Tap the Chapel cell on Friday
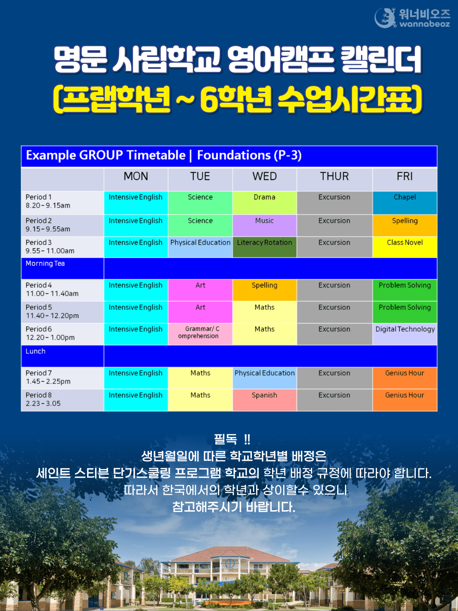pyautogui.click(x=405, y=203)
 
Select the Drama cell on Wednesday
pyautogui.click(x=264, y=203)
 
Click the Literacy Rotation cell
pyautogui.click(x=264, y=247)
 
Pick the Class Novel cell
pyautogui.click(x=405, y=247)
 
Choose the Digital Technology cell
pyautogui.click(x=405, y=334)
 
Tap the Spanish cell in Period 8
pyautogui.click(x=264, y=400)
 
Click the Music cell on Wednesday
pyautogui.click(x=264, y=225)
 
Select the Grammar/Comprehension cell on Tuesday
pyautogui.click(x=200, y=334)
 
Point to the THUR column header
pyautogui.click(x=334, y=176)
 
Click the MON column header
pyautogui.click(x=136, y=176)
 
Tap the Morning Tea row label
pyautogui.click(x=45, y=263)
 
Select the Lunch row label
pyautogui.click(x=35, y=351)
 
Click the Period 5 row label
pyautogui.click(x=52, y=312)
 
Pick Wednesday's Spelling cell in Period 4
pyautogui.click(x=264, y=290)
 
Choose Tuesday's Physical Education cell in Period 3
pyautogui.click(x=200, y=247)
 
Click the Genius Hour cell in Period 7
pyautogui.click(x=405, y=378)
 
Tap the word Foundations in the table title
pyautogui.click(x=234, y=155)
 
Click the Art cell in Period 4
pyautogui.click(x=200, y=290)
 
